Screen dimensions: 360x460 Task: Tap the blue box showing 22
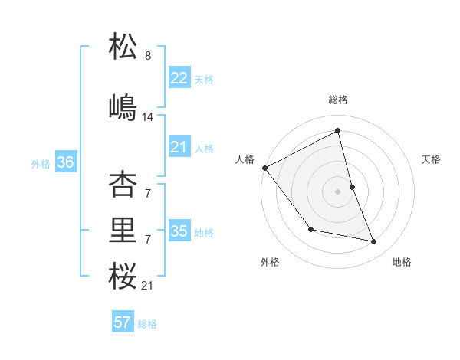coord(179,78)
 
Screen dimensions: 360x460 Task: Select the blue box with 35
coord(179,231)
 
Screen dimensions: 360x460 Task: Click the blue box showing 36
coord(65,162)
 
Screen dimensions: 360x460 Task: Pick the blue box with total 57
coord(123,322)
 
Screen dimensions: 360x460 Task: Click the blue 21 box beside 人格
coord(179,147)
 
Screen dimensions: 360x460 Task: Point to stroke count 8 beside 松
coord(148,56)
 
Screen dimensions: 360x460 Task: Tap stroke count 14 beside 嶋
coord(148,117)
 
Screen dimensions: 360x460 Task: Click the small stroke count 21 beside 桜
coord(148,286)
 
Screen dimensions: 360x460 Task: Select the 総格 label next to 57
coord(147,324)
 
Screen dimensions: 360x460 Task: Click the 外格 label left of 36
coord(41,163)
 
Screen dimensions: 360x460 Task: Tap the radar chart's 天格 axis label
coord(431,159)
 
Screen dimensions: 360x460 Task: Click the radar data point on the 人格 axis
coord(264,168)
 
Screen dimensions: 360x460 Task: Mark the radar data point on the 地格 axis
coord(374,242)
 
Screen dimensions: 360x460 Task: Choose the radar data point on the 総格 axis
coord(337,130)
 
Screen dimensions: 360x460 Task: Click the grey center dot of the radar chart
coord(337,191)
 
